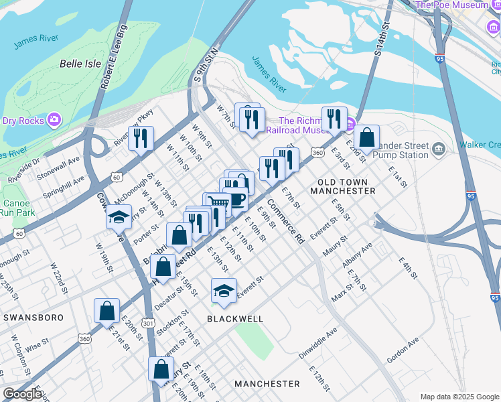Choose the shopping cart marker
click(x=217, y=203)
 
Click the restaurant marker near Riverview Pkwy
click(x=141, y=139)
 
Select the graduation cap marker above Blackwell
click(x=224, y=290)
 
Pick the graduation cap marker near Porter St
click(x=119, y=218)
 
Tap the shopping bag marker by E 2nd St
click(x=366, y=137)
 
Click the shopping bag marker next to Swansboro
click(x=106, y=311)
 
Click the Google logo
click(x=22, y=393)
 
